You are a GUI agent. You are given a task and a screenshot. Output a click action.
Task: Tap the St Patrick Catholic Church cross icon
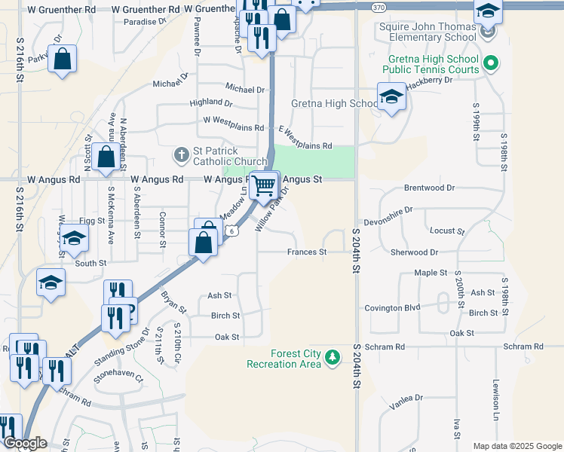[182, 155]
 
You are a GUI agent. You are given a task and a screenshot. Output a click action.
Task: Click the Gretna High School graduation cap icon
[391, 98]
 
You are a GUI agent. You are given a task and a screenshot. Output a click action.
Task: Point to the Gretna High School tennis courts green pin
[491, 63]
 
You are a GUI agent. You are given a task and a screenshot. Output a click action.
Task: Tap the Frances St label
[306, 252]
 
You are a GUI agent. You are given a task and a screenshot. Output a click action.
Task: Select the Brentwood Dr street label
[430, 188]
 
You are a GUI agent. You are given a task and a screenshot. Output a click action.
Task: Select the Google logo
[24, 444]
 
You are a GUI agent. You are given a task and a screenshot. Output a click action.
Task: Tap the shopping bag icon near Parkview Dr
[63, 59]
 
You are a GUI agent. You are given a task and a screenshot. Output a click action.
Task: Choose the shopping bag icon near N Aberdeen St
[106, 158]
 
